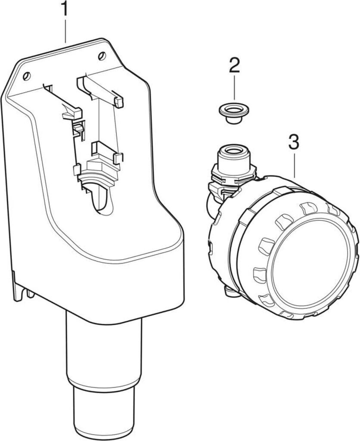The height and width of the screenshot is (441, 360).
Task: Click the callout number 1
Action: (65, 9)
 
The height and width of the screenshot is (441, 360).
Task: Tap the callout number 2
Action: (234, 66)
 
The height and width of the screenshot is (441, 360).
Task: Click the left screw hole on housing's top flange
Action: (27, 76)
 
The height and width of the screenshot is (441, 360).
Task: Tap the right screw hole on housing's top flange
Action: (102, 55)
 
